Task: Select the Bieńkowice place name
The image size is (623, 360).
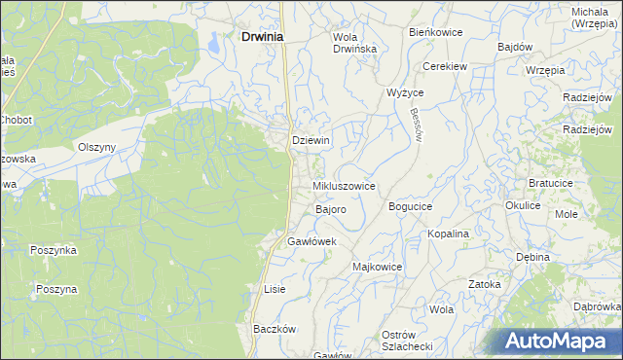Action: click(435, 32)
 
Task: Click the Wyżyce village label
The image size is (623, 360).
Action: click(405, 92)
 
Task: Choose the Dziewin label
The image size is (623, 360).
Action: click(311, 140)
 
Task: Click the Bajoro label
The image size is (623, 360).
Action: click(331, 209)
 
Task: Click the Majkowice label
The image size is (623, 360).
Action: click(377, 266)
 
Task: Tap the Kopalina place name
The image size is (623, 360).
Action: click(449, 234)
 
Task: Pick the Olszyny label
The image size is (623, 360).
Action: click(97, 147)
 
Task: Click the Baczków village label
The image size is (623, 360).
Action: click(274, 329)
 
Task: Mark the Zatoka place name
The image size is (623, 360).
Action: click(484, 284)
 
